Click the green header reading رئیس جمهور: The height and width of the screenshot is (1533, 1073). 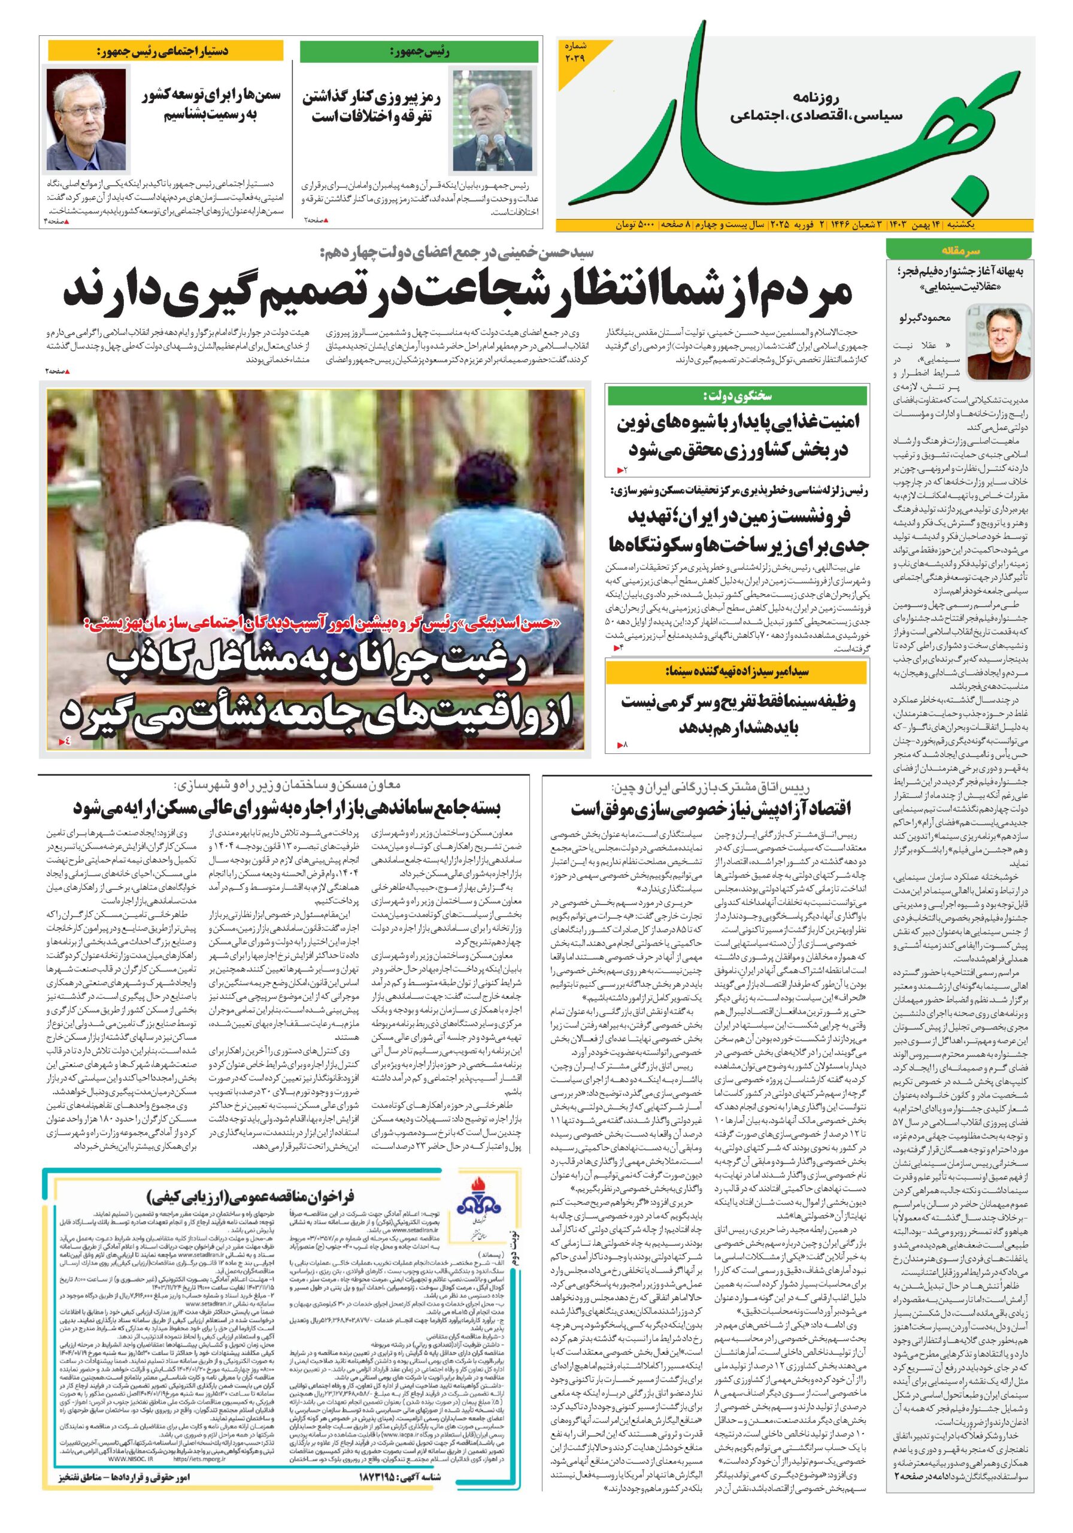[419, 51]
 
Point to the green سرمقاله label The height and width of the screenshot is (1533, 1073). [959, 252]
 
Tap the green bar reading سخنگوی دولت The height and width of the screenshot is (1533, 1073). [737, 396]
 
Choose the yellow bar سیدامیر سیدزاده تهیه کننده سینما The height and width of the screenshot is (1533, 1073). [737, 672]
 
